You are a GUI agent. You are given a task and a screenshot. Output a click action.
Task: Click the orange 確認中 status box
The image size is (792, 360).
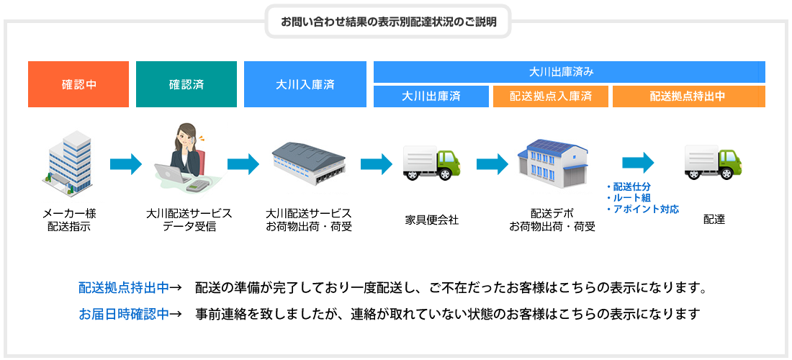click(78, 84)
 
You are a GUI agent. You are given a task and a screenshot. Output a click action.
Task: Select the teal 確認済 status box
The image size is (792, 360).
click(186, 84)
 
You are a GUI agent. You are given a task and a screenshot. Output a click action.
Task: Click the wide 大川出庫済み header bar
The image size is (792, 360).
click(569, 72)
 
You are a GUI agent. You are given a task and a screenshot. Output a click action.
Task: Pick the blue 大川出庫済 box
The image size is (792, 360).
click(431, 96)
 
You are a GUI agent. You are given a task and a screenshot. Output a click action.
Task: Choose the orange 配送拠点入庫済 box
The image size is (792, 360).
click(550, 96)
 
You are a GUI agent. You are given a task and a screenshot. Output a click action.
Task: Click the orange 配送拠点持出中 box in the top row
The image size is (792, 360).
click(688, 96)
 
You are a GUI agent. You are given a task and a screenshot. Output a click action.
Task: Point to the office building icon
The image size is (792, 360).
click(69, 163)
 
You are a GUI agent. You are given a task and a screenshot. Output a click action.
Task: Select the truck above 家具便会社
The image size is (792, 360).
click(431, 163)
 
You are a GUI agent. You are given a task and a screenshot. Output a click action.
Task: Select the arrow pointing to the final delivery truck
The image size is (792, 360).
click(638, 163)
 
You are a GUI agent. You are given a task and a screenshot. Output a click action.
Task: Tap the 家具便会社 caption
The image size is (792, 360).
click(431, 220)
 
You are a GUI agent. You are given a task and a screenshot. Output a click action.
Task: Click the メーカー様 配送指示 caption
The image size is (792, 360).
click(69, 220)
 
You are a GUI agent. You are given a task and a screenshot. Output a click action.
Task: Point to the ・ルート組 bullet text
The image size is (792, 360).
click(631, 197)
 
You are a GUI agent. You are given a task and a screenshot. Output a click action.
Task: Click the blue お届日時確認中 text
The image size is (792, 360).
click(124, 314)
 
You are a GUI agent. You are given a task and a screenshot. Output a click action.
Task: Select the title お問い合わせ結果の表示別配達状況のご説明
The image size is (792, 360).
click(389, 21)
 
